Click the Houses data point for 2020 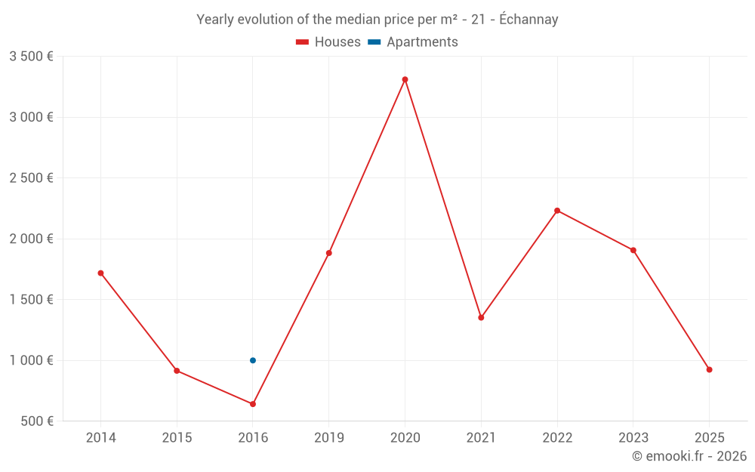[405, 79]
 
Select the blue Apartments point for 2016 [253, 360]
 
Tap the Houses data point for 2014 [100, 273]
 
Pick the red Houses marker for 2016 [253, 404]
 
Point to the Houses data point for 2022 [557, 211]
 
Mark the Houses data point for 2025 [709, 369]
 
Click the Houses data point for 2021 [481, 317]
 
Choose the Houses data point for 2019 [328, 253]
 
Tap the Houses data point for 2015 [177, 371]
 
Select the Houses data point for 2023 [633, 250]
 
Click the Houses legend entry [328, 42]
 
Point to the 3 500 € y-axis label [31, 57]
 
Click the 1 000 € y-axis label [31, 360]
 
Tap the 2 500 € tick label [31, 178]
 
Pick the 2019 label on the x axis [328, 437]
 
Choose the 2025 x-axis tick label [709, 437]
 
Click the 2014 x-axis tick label [100, 437]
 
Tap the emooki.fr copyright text [689, 456]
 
